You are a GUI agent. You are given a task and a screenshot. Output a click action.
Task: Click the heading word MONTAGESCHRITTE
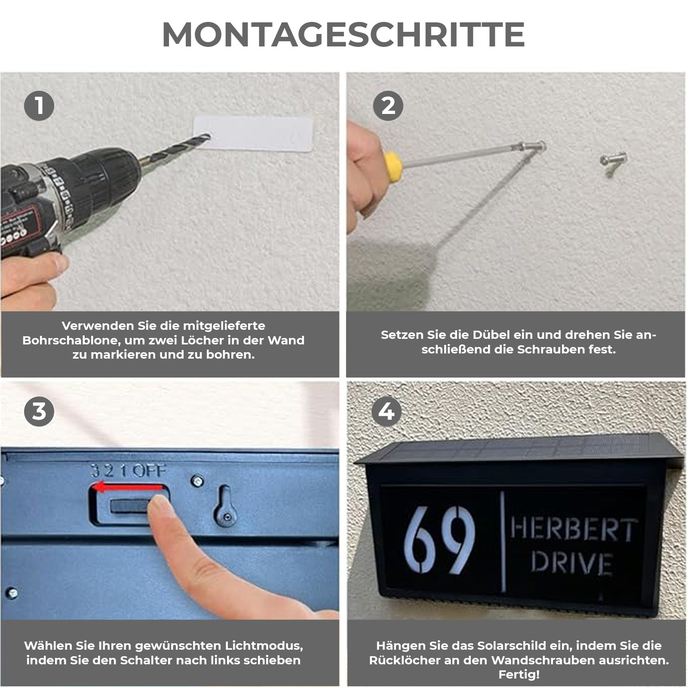(343, 34)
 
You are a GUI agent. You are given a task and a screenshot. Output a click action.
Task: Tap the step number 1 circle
(39, 106)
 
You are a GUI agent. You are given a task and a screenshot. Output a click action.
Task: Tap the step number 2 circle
(388, 106)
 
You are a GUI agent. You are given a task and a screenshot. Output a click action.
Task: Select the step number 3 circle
(39, 412)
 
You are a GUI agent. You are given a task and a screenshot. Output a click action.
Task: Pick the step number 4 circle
(386, 412)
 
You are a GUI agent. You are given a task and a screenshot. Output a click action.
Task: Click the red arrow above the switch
(129, 488)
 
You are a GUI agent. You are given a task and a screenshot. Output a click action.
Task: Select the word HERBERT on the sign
(574, 530)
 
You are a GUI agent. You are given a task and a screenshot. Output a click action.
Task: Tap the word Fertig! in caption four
(519, 674)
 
